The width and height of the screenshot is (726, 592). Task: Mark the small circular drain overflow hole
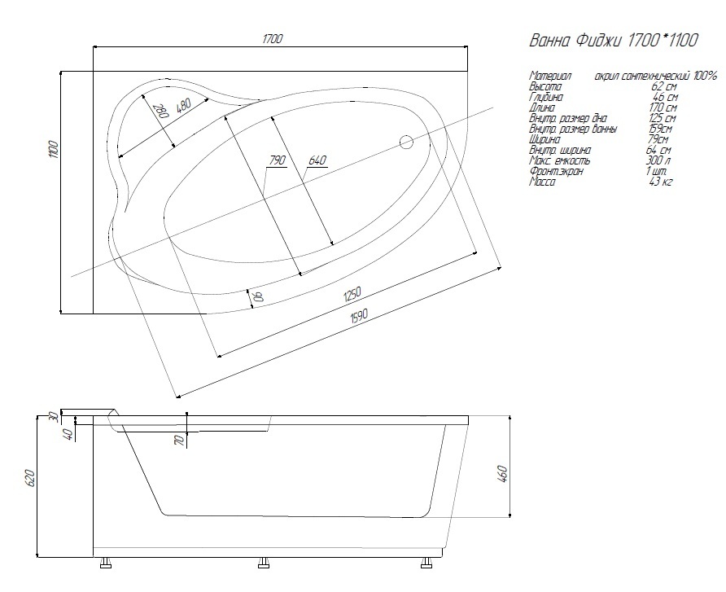(407, 143)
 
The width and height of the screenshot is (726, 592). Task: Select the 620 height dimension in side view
(29, 476)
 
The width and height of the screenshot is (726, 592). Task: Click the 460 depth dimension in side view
(502, 472)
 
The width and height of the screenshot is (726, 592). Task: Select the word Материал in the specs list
(550, 76)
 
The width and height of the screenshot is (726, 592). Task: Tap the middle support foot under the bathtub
(263, 562)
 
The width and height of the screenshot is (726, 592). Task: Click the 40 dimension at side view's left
(69, 433)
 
